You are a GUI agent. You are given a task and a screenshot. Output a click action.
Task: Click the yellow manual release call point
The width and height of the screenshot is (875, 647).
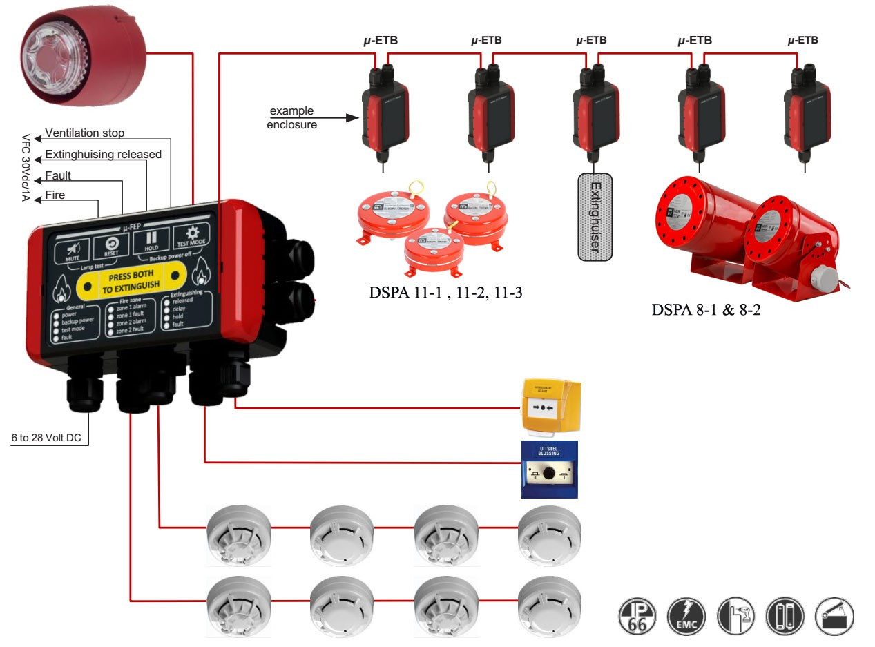coord(551,407)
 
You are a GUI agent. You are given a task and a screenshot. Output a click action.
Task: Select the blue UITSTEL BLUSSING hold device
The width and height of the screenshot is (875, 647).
coord(549,470)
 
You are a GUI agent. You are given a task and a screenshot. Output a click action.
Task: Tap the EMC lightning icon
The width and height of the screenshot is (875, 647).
coord(686,616)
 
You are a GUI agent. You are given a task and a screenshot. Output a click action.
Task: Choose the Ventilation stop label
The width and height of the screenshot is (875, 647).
coord(85,133)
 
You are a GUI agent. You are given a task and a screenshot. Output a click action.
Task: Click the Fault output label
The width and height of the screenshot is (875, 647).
coord(58,175)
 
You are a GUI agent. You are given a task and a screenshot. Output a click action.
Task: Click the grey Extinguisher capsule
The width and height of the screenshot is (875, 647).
coord(595,217)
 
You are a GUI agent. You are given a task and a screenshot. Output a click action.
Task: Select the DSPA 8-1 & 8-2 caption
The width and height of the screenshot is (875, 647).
coord(706,309)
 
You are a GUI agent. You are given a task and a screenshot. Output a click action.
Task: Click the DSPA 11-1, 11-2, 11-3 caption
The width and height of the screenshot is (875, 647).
coord(445,293)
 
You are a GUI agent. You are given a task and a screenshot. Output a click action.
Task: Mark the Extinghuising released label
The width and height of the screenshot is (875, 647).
coord(103,154)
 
